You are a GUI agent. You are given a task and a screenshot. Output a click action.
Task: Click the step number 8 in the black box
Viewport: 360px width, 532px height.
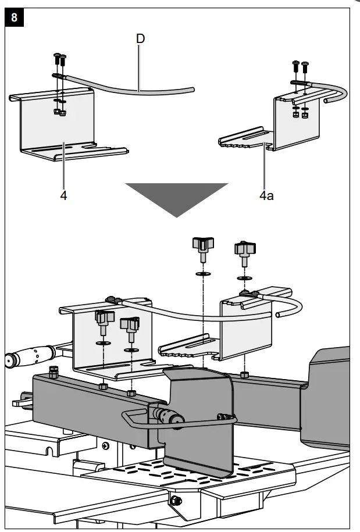tap(14, 17)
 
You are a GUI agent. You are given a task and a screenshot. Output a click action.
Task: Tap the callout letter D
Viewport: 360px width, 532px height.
tap(140, 39)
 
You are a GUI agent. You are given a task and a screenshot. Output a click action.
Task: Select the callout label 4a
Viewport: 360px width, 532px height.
tap(266, 195)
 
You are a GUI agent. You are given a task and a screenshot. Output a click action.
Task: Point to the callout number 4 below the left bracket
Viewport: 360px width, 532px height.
tap(63, 195)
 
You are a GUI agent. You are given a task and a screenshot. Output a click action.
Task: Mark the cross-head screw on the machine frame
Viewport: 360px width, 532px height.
tap(105, 445)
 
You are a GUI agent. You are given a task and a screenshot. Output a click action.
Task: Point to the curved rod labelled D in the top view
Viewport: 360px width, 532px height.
tap(140, 89)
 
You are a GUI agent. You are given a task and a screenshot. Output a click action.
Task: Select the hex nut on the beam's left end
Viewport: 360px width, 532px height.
tap(54, 372)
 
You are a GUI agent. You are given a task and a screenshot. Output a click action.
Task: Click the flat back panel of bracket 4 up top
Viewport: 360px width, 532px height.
tap(58, 119)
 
